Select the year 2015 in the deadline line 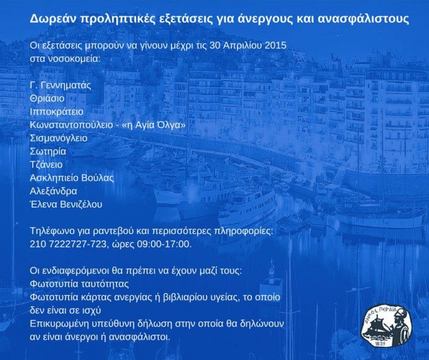pyautogui.click(x=275, y=45)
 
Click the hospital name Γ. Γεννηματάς pyautogui.click(x=60, y=85)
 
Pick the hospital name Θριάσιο pyautogui.click(x=47, y=98)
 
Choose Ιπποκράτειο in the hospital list pyautogui.click(x=57, y=112)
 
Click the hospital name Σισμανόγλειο pyautogui.click(x=59, y=138)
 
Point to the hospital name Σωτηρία pyautogui.click(x=48, y=151)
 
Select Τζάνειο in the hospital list pyautogui.click(x=46, y=165)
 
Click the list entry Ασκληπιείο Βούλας pyautogui.click(x=72, y=178)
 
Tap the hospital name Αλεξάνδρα pyautogui.click(x=54, y=191)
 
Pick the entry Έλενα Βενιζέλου pyautogui.click(x=66, y=204)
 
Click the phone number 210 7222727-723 pyautogui.click(x=67, y=244)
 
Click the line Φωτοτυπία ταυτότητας pyautogui.click(x=79, y=284)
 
